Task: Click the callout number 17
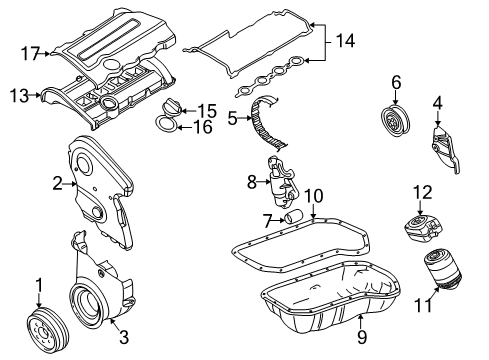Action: (x=31, y=53)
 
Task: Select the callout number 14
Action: (x=345, y=41)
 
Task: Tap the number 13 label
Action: (x=19, y=96)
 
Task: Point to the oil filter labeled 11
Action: (x=443, y=271)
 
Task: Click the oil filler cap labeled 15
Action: (x=170, y=108)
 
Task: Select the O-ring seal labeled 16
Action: (x=166, y=124)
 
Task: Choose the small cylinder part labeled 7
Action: (x=294, y=216)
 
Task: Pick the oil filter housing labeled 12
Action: (x=423, y=228)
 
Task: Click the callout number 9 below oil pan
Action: (x=362, y=337)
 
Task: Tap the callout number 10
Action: (x=314, y=196)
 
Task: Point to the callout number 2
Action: (x=58, y=183)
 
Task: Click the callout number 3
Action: (x=124, y=337)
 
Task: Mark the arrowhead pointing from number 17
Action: (x=48, y=53)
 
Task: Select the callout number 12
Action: (x=423, y=193)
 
